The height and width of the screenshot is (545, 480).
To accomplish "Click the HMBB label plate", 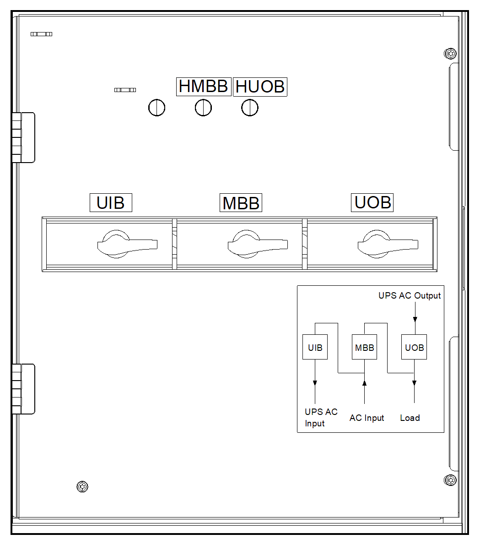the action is pos(204,87).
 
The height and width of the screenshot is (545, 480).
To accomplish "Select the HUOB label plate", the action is pos(260,87).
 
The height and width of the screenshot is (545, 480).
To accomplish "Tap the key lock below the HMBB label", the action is pos(203,108).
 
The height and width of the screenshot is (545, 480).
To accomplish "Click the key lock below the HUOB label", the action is pos(250,108).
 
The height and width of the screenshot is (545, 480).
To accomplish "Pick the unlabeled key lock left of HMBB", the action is pos(156,108).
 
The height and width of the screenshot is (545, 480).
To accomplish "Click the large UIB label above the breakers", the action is pos(111,202).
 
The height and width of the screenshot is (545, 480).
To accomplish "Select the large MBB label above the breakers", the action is pos(241,202).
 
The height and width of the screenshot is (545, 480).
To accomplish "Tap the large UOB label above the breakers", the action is pos(372,202).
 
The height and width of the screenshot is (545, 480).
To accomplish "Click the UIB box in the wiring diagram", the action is pos(315,347).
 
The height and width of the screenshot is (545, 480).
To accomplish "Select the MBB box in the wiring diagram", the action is pos(364,347).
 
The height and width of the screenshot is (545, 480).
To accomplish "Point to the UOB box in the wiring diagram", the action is pos(414,347).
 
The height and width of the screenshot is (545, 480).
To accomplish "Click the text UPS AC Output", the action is pos(410,296).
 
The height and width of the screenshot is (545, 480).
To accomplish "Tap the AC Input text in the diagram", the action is pos(367,418).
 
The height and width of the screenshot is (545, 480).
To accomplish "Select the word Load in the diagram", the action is pos(410,418).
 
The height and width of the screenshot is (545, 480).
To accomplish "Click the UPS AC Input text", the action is pos(321,417).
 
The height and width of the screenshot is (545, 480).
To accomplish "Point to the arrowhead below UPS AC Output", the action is pos(415,319).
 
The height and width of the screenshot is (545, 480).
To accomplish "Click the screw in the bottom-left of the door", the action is pos(82,486).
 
